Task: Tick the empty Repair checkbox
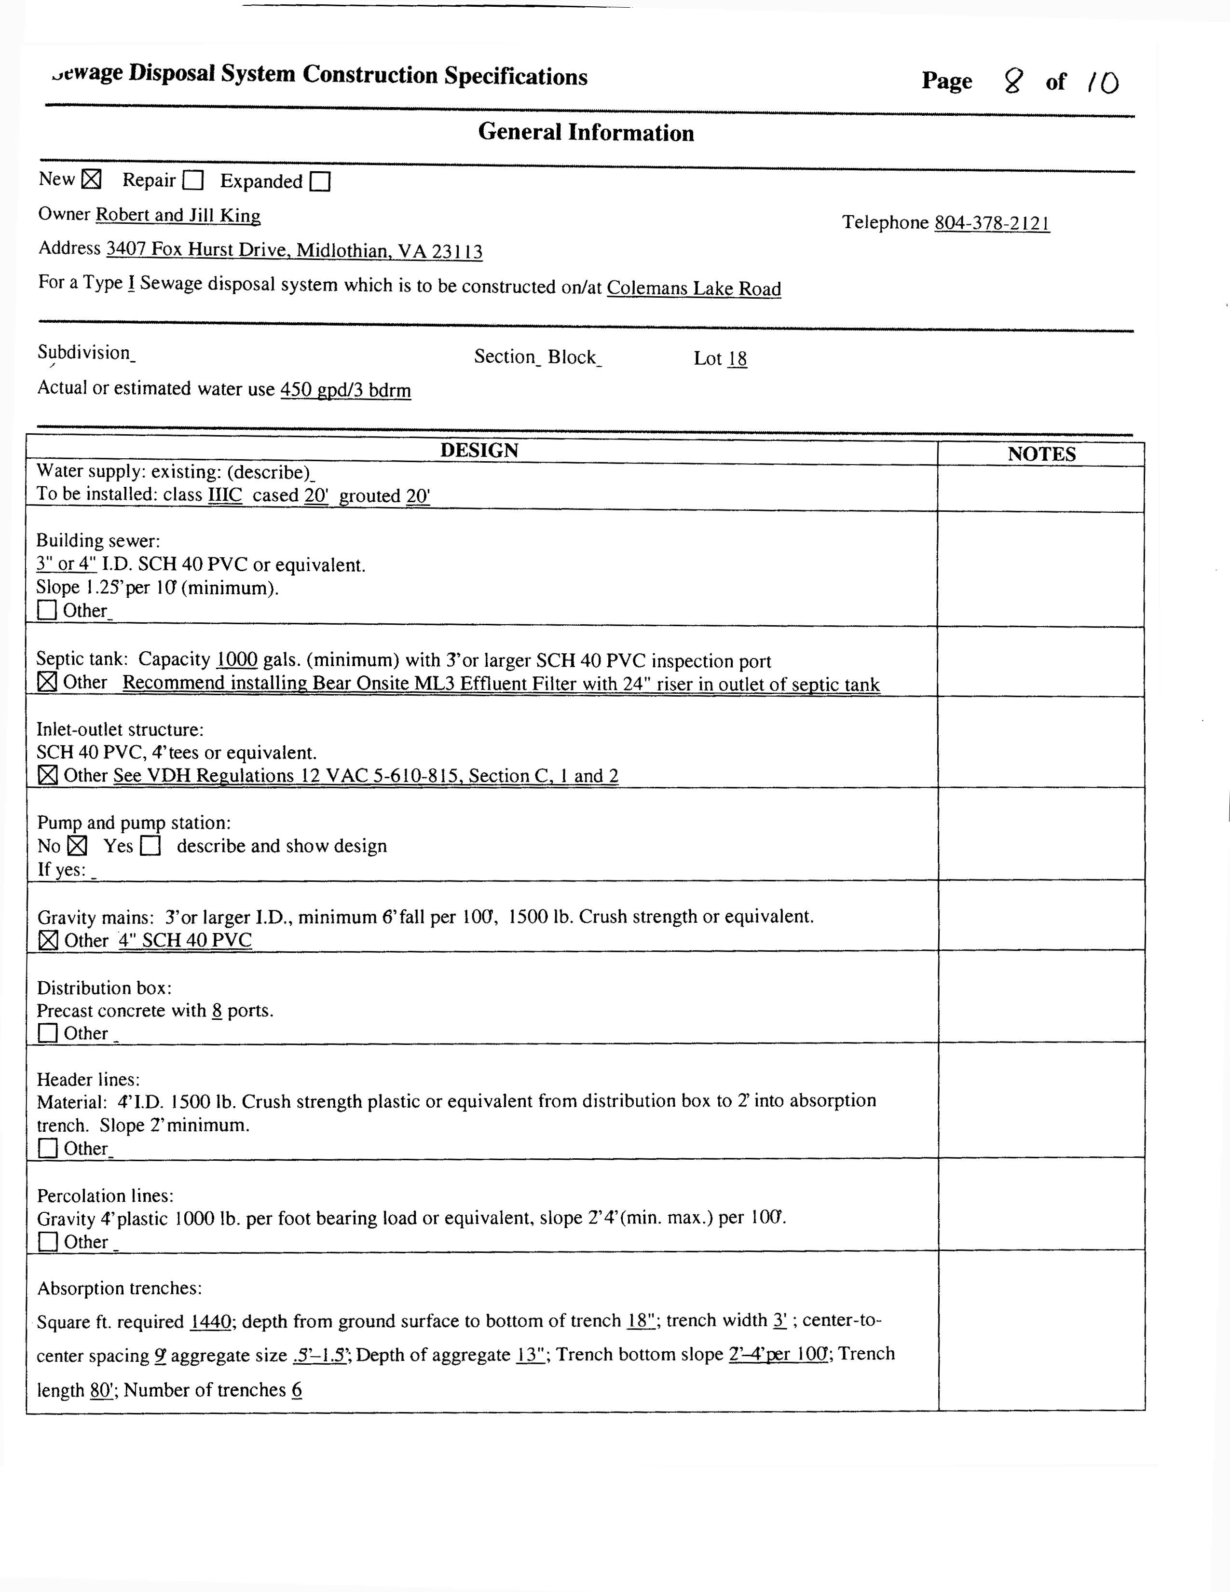[x=193, y=180]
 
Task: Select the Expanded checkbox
[x=320, y=181]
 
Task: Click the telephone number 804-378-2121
[x=992, y=223]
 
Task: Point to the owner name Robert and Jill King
[x=178, y=215]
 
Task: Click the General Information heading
[x=586, y=133]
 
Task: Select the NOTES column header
[x=1041, y=454]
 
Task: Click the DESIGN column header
[x=479, y=451]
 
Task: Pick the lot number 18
[x=738, y=358]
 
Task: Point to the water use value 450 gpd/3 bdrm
[x=345, y=390]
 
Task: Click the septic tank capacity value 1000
[x=237, y=659]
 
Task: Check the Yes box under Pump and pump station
[x=151, y=846]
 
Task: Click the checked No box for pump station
[x=77, y=846]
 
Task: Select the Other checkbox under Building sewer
[x=47, y=610]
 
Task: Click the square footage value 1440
[x=211, y=1321]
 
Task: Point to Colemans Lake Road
[x=694, y=288]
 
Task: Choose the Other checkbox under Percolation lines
[x=48, y=1241]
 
